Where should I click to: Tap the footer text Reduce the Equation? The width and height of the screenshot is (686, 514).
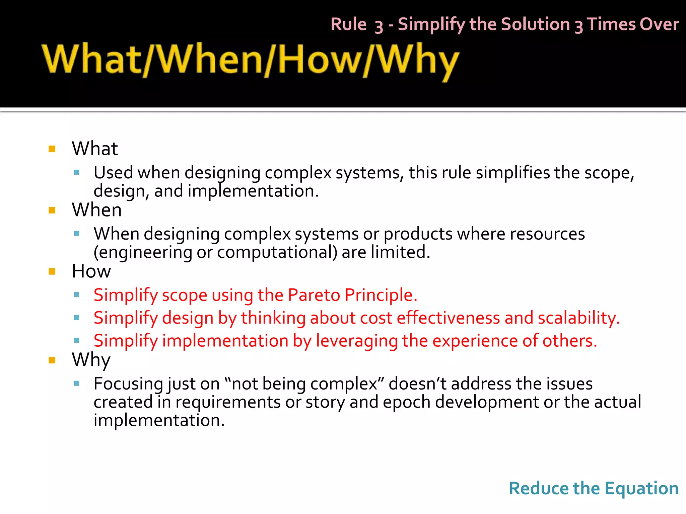[594, 488]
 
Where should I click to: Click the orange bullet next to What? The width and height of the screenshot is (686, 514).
[52, 149]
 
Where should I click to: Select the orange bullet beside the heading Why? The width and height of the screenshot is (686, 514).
[52, 360]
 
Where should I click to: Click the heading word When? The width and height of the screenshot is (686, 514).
[96, 210]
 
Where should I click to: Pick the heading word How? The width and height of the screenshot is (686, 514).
[91, 271]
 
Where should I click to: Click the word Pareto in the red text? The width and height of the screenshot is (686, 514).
[314, 295]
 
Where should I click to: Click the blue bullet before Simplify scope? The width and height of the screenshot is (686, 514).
[77, 295]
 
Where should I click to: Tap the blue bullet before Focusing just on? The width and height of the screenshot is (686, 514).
[77, 383]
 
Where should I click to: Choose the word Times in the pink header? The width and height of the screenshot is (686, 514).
[611, 25]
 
